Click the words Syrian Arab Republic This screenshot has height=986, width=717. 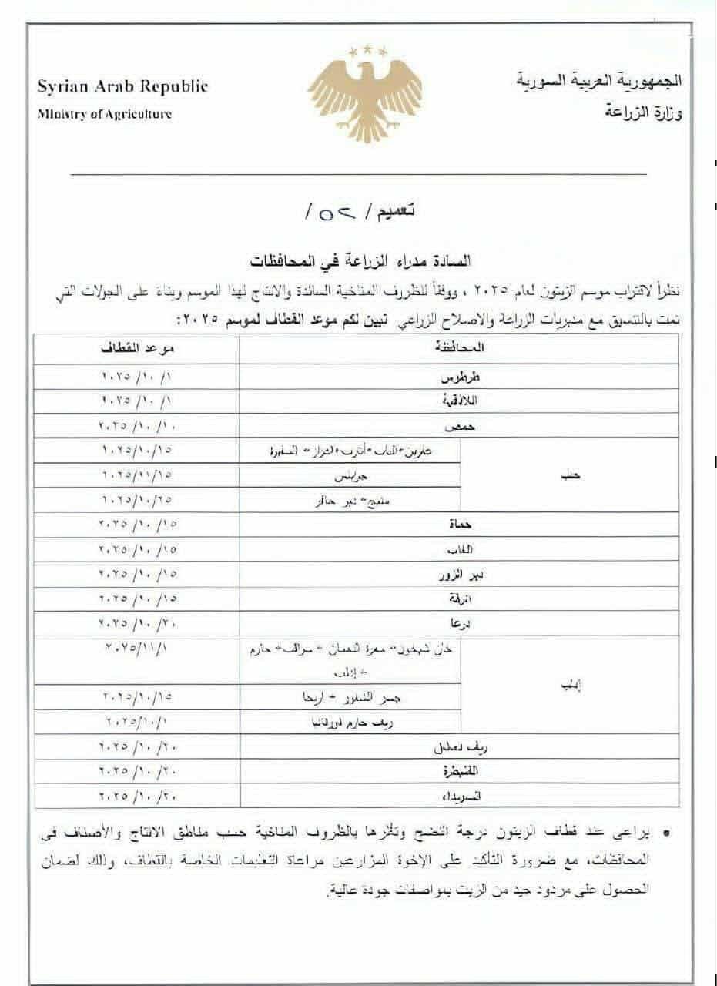click(122, 86)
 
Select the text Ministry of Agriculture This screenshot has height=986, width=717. click(104, 114)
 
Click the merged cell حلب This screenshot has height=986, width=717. click(570, 475)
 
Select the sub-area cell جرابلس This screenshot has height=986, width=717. click(351, 475)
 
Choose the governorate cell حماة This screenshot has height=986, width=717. click(460, 525)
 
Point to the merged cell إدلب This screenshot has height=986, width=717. click(569, 685)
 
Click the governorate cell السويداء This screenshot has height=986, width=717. click(460, 794)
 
